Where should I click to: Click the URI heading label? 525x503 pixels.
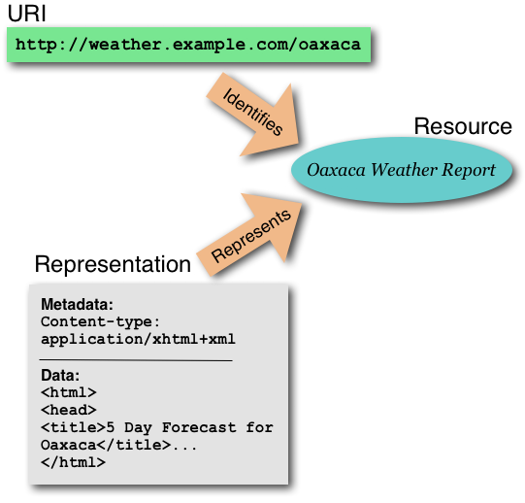pos(27,16)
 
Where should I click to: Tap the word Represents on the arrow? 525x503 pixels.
pos(250,235)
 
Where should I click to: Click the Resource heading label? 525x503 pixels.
pos(462,126)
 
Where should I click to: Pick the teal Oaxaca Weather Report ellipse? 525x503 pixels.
pos(401,170)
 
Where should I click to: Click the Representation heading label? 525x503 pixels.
pos(113,264)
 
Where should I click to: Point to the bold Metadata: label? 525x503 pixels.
pos(78,305)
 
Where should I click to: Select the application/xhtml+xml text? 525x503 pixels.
pos(138,339)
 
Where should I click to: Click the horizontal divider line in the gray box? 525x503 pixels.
pos(136,359)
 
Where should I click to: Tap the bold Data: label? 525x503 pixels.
pos(60,375)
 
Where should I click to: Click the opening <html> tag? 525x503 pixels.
pos(69,392)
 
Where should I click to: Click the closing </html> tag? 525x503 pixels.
pos(73,462)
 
